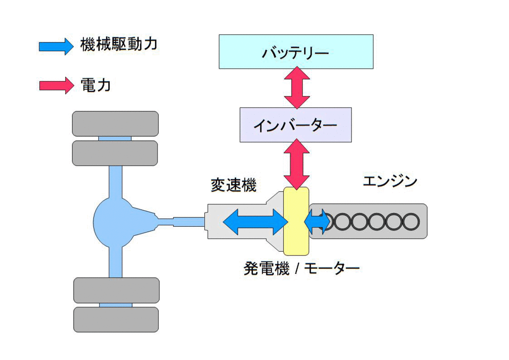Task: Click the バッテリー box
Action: click(296, 51)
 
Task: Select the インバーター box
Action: click(295, 125)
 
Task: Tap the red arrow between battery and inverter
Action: click(297, 88)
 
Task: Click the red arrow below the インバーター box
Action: click(297, 164)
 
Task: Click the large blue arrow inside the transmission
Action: click(254, 222)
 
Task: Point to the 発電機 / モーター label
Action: click(301, 269)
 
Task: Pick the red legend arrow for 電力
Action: click(56, 85)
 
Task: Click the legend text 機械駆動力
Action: click(118, 45)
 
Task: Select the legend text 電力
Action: click(95, 85)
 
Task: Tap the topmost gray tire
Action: click(115, 124)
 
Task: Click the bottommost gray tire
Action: click(116, 319)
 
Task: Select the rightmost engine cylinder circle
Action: click(411, 221)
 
